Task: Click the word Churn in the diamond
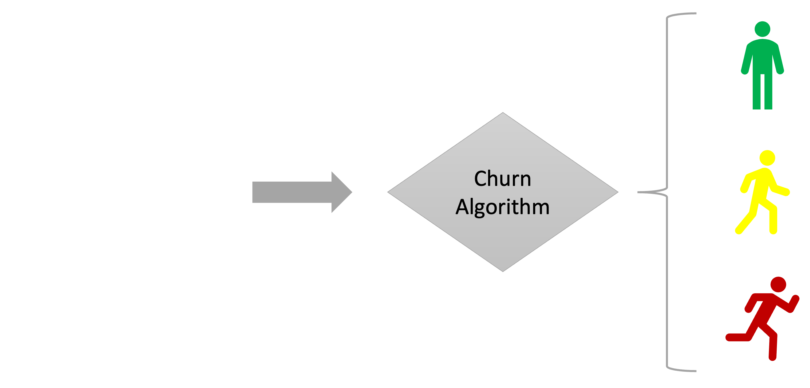point(502,178)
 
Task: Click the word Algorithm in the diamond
point(502,207)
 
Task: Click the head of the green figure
point(762,29)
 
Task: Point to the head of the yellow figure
point(767,158)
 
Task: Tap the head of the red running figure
point(778,285)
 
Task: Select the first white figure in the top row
point(44,116)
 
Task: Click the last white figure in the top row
point(189,116)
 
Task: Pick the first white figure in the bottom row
point(44,274)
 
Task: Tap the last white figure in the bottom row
point(189,274)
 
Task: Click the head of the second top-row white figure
point(92,61)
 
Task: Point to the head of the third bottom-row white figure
point(141,218)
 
